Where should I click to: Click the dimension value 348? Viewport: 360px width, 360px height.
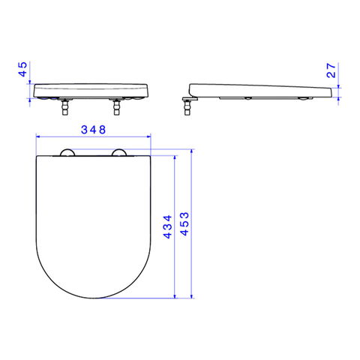[x=93, y=130]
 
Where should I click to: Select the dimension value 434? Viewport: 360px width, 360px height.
[x=167, y=226]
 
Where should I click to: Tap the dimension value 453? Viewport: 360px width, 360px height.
[x=184, y=224]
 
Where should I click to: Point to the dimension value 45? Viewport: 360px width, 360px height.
[x=22, y=69]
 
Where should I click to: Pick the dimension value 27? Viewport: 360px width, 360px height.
[x=331, y=70]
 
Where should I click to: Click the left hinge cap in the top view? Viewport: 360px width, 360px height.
[x=67, y=153]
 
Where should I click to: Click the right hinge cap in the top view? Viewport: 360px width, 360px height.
[x=118, y=153]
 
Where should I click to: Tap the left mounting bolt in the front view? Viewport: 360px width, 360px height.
[x=65, y=106]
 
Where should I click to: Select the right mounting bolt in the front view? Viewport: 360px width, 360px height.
[x=116, y=106]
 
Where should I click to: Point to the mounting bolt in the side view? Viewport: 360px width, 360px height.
[x=187, y=106]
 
